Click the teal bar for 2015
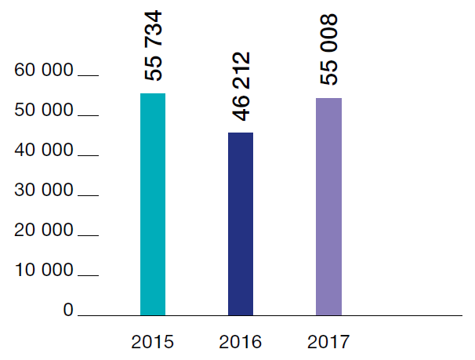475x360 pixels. pos(153,204)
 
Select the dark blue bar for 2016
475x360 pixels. pos(241,224)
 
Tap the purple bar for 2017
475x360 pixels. pos(328,206)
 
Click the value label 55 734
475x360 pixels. pos(154,45)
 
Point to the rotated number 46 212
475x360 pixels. pos(241,86)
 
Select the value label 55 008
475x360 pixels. pos(329,49)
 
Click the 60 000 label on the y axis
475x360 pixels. pos(44,71)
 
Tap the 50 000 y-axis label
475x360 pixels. pos(44,111)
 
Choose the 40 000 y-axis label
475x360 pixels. pos(44,151)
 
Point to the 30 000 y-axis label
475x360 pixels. pos(44,191)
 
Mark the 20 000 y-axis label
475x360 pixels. pos(44,231)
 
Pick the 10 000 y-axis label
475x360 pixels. pos(44,271)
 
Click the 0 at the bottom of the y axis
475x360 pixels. pos(68,311)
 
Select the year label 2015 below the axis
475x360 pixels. pos(153,342)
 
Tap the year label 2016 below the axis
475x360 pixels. pos(241,342)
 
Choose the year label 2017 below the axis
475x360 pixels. pos(328,342)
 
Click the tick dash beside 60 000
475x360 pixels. pos(89,76)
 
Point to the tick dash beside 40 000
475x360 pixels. pos(89,156)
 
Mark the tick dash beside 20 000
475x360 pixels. pos(89,236)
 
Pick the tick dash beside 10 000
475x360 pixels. pos(89,276)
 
